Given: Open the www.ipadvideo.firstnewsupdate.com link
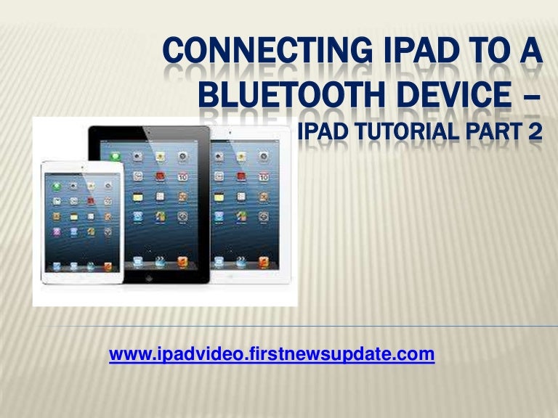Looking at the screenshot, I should point(272,355).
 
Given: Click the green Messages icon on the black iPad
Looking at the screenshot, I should point(114,156).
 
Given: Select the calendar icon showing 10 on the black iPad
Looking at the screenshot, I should point(184,177).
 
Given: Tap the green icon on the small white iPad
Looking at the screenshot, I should point(56,187).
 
